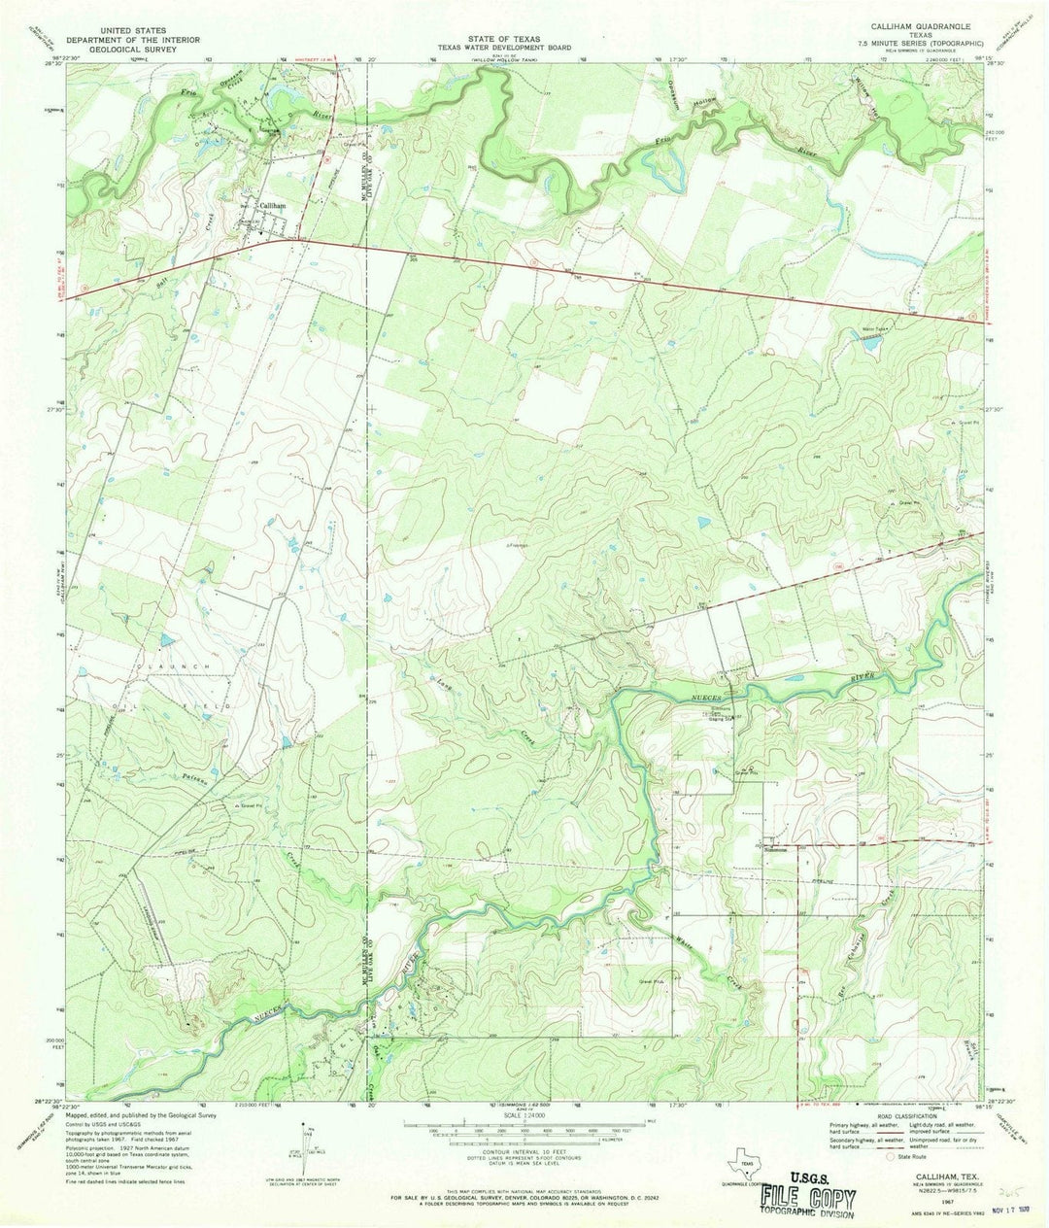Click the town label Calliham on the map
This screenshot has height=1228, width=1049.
coord(272,206)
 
